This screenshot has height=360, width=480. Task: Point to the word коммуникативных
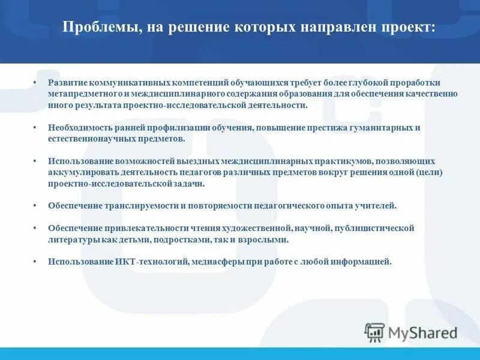click(x=126, y=82)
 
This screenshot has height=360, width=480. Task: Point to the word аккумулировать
click(x=80, y=173)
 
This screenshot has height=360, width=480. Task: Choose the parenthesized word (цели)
click(x=430, y=173)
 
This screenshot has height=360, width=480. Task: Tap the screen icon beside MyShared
click(x=375, y=332)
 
